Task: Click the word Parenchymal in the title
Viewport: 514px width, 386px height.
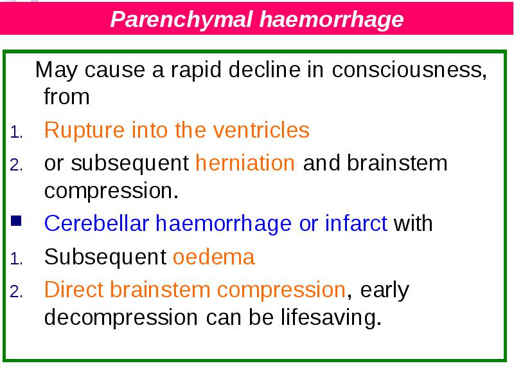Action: (182, 20)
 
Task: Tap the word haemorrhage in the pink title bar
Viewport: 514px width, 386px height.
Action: (332, 20)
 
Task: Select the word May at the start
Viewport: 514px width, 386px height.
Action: (57, 70)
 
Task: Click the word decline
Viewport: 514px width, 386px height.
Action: (264, 69)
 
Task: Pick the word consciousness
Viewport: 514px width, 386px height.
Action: (409, 70)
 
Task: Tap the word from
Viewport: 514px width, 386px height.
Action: (67, 97)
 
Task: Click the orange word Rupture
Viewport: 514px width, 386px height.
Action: (84, 131)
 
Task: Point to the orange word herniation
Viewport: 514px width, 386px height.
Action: (245, 163)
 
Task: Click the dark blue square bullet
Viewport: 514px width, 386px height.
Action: (16, 221)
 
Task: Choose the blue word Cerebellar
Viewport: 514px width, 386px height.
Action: (97, 223)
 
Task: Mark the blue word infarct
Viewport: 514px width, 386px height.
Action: (356, 223)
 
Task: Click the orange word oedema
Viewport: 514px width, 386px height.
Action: (214, 256)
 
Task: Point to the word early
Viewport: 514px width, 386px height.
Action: (384, 291)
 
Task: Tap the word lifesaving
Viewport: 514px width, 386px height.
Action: (331, 317)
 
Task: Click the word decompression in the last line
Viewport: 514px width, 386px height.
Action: (121, 318)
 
